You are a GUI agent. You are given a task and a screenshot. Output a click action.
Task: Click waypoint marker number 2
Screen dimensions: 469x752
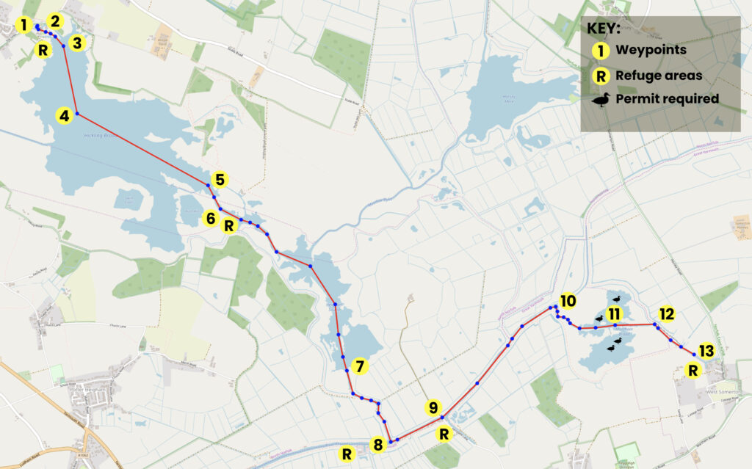pos(55,21)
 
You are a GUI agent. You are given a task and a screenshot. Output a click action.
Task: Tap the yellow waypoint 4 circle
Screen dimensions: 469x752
pos(65,115)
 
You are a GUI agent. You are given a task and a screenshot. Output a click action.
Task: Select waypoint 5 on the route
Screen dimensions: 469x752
pos(219,179)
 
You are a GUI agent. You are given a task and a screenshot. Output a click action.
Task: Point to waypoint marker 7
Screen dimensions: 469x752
pos(358,366)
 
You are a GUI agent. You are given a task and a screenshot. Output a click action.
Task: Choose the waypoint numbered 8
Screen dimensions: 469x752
pos(378,444)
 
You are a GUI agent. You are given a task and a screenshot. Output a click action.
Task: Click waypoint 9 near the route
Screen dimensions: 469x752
pos(433,408)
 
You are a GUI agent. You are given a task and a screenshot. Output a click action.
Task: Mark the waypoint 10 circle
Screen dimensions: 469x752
pos(567,301)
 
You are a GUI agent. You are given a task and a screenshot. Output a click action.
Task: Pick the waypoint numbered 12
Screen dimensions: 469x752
pos(666,314)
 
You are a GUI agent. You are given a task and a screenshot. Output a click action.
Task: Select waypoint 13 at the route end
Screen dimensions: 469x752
pos(705,352)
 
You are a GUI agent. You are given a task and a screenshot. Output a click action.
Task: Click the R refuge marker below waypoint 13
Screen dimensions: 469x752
pos(692,371)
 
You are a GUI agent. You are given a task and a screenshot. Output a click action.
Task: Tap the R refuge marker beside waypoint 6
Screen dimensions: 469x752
pos(229,225)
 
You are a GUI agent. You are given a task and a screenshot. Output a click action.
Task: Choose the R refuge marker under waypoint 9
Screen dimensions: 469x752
pos(444,434)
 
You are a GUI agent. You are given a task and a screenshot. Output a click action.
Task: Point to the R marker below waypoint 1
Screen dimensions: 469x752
pos(43,51)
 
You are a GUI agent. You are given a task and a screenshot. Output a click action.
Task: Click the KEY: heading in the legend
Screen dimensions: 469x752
pos(604,29)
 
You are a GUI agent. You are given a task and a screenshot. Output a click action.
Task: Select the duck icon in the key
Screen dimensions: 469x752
pos(601,99)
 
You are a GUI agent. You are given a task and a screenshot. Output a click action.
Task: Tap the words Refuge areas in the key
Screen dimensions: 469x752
pos(659,75)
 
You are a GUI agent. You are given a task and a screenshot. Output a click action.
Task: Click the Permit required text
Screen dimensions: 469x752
pos(667,99)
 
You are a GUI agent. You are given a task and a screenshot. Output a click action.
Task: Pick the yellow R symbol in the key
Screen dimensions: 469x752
pos(601,75)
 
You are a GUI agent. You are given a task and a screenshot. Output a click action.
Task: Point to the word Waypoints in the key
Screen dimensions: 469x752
pos(651,51)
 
